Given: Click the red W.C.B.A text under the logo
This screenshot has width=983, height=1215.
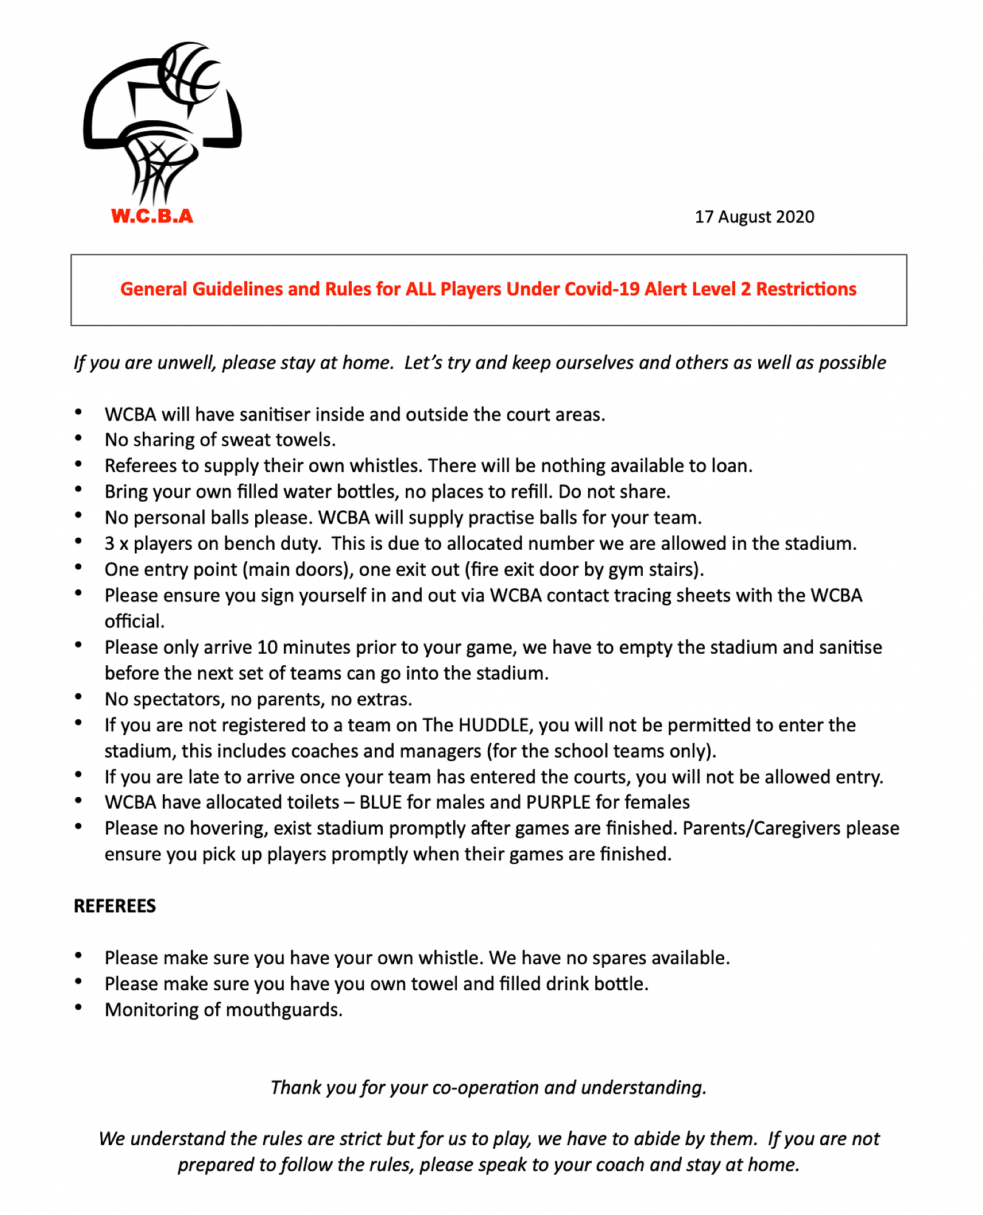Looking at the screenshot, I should pos(152,216).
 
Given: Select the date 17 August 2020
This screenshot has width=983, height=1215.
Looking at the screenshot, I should pos(754,217).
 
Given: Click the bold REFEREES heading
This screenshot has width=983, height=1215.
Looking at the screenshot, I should pos(115,906).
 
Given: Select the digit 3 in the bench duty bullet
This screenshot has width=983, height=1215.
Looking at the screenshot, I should pos(109,543).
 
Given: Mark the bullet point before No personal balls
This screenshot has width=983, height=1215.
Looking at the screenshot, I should pos(78,516).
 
